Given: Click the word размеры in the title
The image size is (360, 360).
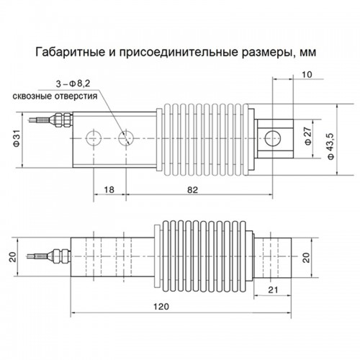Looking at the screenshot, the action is point(266,53).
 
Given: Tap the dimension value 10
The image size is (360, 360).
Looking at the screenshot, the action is point(307,75).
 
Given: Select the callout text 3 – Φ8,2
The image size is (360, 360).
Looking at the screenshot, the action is point(73,84).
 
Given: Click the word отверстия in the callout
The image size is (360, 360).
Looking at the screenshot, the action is point(76,96).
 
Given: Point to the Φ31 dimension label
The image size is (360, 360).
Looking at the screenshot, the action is point(17,139).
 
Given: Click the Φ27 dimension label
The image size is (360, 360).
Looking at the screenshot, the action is point(308,136).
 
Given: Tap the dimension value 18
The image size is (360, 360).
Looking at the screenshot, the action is point(109,190).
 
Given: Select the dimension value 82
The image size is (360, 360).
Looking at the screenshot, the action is point(192,190).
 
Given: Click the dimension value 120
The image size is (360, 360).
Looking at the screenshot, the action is point(161,307).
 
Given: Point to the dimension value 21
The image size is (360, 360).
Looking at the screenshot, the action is point(273,290).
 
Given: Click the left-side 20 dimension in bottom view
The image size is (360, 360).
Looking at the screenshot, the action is point(13,257).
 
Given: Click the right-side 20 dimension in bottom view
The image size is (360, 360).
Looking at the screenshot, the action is point(307,258).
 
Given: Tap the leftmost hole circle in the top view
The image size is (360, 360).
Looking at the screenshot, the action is point(94,138).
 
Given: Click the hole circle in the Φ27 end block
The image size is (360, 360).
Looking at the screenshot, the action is point(273,138).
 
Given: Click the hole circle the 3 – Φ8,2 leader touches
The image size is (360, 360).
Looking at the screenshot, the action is point(126,138).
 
